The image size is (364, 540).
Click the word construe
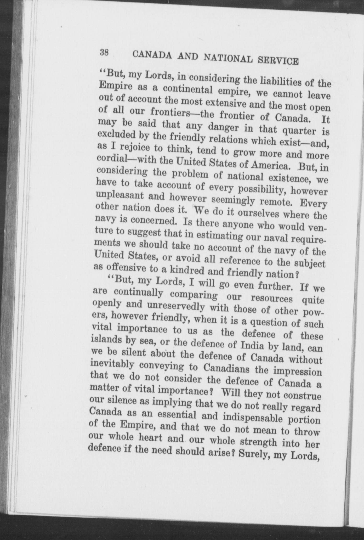302,395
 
